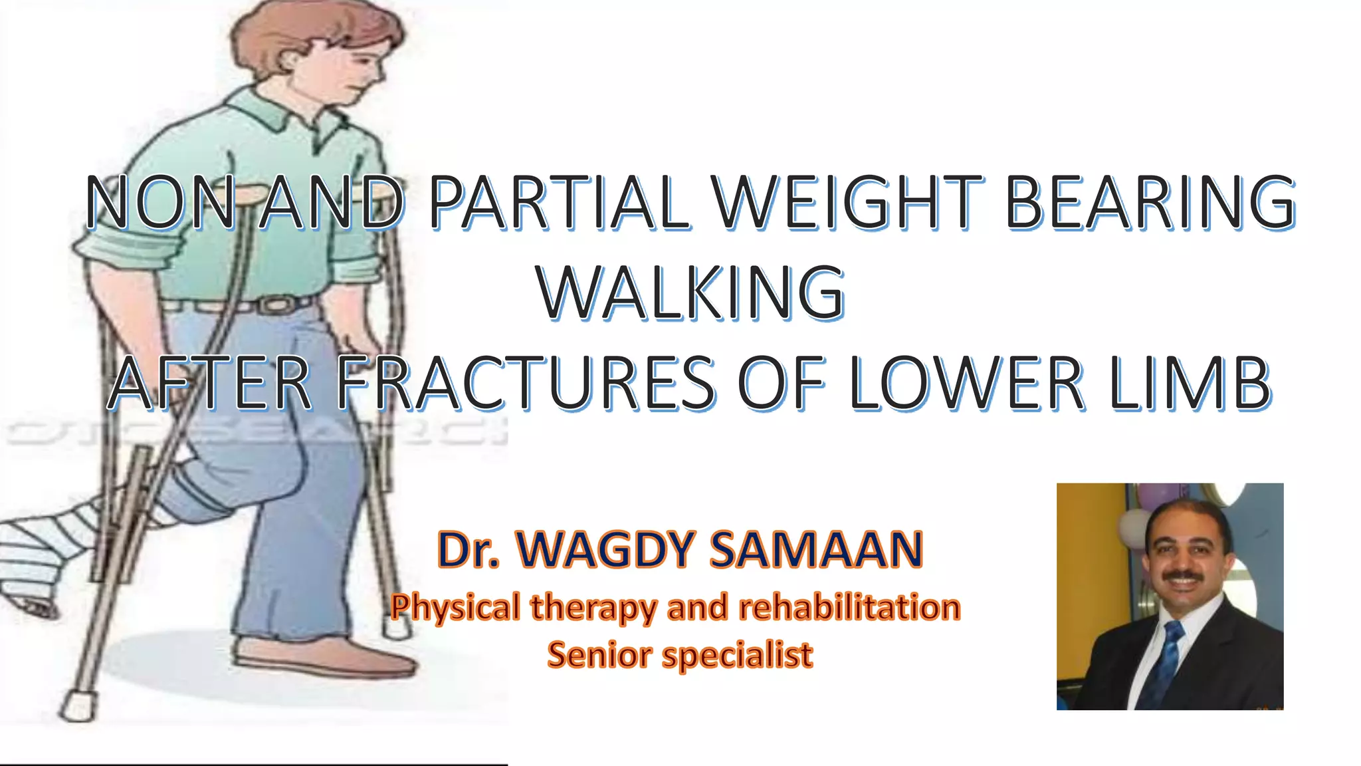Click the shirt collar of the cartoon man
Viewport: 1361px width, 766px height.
tap(279, 116)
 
